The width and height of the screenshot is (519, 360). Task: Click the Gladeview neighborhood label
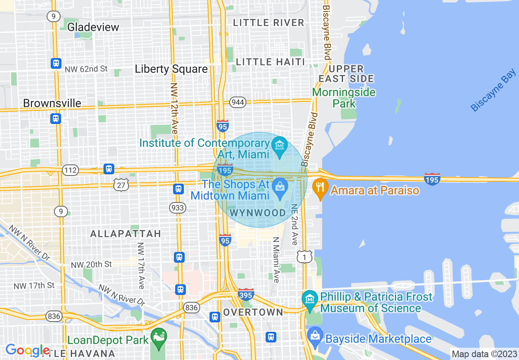pos(93,27)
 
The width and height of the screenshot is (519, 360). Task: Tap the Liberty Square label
pos(171,69)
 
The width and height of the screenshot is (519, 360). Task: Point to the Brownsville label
pos(52,103)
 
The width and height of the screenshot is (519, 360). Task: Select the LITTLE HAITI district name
pos(271,62)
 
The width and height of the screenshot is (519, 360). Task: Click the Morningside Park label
pos(343,97)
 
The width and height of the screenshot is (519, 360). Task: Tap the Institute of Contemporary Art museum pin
pos(280,146)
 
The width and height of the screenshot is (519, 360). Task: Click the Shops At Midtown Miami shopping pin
pos(280,188)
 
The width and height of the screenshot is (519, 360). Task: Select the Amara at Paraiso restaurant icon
pos(320,188)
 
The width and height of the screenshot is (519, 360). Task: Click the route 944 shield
pos(238,102)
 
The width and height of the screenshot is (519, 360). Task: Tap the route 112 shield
pos(71,169)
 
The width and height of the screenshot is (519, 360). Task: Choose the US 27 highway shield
pos(122,184)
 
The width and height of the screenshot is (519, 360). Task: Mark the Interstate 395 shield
pos(246,294)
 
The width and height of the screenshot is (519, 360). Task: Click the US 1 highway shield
pos(305,256)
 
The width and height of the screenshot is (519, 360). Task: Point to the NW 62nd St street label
pos(86,69)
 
